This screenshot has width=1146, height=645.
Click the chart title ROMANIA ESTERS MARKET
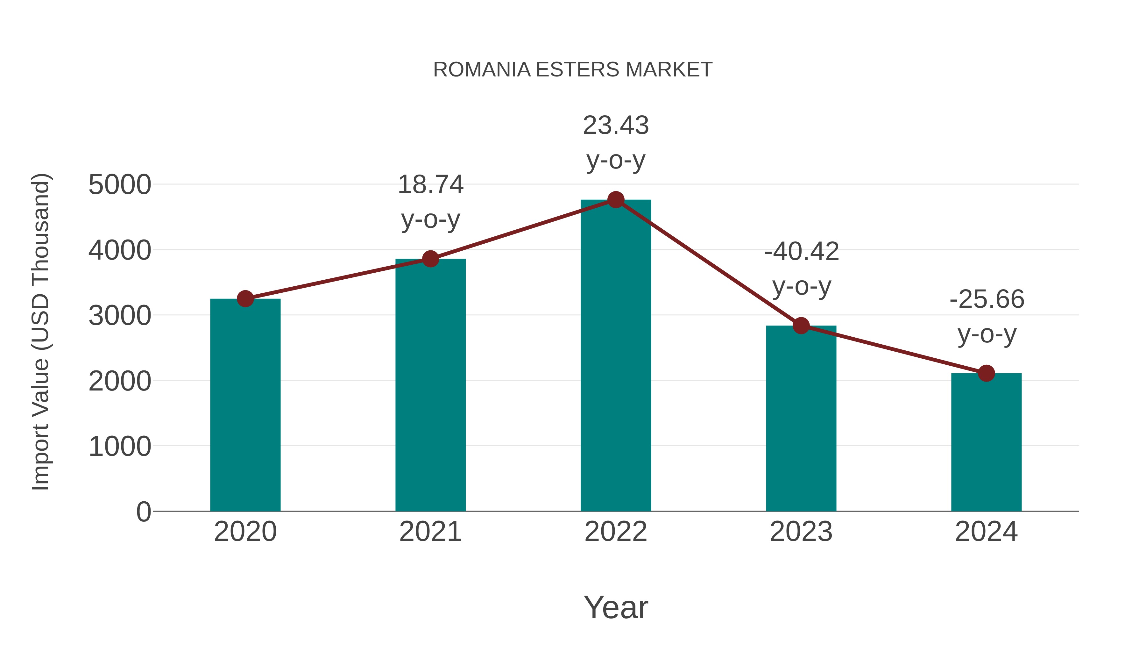pos(573,70)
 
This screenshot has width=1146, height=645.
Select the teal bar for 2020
pos(245,405)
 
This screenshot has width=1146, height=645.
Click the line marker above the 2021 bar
pos(431,259)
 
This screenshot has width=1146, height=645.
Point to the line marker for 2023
pos(801,326)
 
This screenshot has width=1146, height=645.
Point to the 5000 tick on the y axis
pos(120,185)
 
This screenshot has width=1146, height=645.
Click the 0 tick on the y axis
pos(144,512)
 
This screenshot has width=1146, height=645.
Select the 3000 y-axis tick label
pos(120,316)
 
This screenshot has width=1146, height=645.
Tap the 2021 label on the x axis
pos(431,532)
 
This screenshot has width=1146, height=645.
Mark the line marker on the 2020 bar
pos(245,299)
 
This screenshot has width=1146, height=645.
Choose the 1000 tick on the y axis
pos(120,447)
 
